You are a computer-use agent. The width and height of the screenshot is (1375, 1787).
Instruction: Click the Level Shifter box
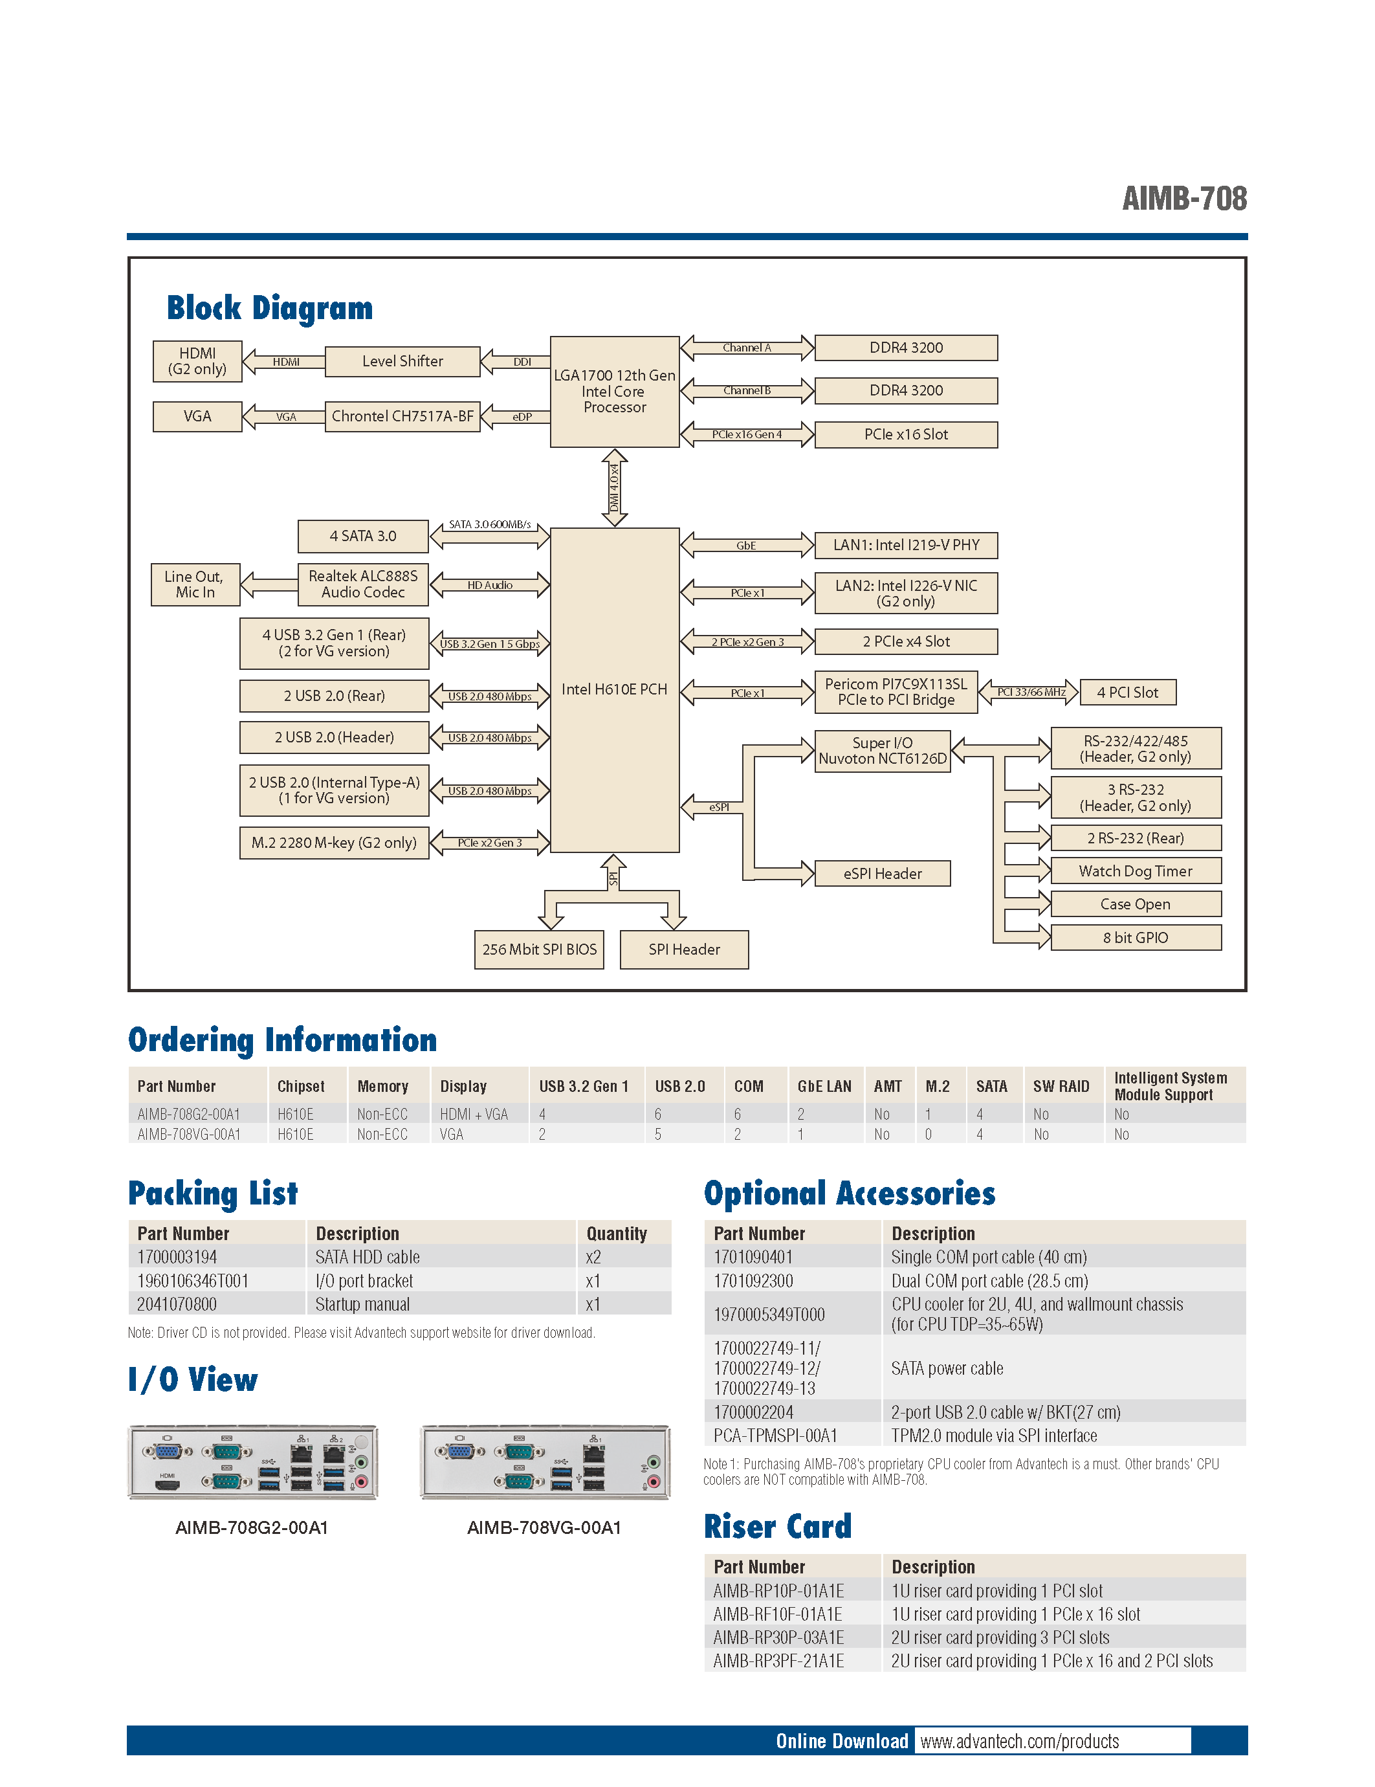pyautogui.click(x=402, y=361)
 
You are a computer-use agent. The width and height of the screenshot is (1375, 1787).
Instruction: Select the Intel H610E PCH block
pyautogui.click(x=614, y=690)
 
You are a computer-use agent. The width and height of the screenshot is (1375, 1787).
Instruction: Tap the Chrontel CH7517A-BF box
pyautogui.click(x=402, y=416)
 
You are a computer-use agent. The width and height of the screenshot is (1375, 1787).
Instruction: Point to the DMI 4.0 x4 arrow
pyautogui.click(x=614, y=487)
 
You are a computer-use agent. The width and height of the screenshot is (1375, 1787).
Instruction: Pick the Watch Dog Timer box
pyautogui.click(x=1136, y=871)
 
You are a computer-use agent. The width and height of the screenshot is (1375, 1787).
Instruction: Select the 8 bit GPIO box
pyautogui.click(x=1136, y=938)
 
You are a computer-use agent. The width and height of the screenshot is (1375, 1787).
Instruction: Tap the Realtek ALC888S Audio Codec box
pyautogui.click(x=363, y=584)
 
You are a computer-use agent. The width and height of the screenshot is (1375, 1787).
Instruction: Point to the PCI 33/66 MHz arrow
pyautogui.click(x=1029, y=693)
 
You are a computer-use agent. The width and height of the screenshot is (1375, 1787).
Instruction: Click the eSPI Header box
pyautogui.click(x=883, y=874)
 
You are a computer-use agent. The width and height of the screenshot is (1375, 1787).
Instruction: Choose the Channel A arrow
pyautogui.click(x=747, y=348)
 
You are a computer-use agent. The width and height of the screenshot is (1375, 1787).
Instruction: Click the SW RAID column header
pyautogui.click(x=1061, y=1087)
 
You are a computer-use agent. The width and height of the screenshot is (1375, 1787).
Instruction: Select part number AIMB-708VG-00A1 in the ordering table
pyautogui.click(x=189, y=1135)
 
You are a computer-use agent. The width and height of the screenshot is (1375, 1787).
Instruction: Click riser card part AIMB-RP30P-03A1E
pyautogui.click(x=778, y=1637)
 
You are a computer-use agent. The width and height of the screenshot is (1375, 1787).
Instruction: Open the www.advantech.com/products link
pyautogui.click(x=1019, y=1741)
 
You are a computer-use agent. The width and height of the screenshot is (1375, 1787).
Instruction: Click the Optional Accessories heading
pyautogui.click(x=849, y=1193)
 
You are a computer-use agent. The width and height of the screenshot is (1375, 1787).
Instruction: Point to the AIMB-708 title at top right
pyautogui.click(x=1184, y=199)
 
